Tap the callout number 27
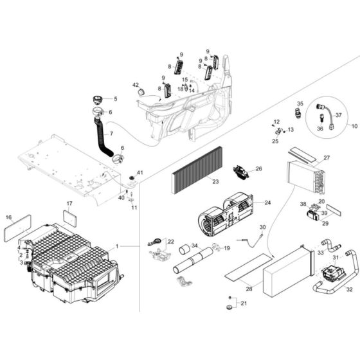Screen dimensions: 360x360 click(x=326, y=157)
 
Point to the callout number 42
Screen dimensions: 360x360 click(x=136, y=85)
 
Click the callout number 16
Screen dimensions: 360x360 click(x=8, y=218)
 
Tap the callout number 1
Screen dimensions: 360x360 click(x=117, y=246)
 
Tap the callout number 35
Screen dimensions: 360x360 click(x=300, y=103)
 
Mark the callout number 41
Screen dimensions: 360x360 click(x=139, y=172)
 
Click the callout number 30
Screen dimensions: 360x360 click(x=262, y=228)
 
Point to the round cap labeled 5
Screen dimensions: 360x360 click(x=98, y=100)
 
